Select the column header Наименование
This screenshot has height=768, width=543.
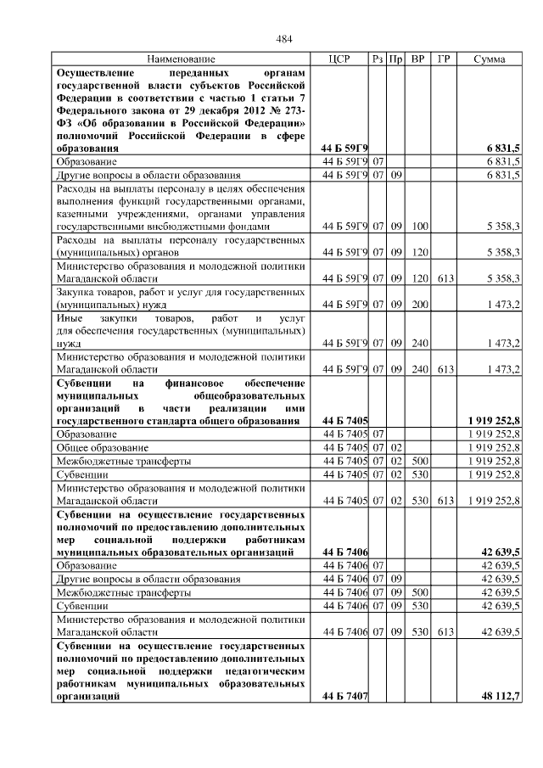coord(180,59)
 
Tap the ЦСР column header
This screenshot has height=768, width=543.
coord(339,59)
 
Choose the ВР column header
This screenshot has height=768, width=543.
coord(417,59)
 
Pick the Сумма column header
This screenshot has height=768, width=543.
coord(490,59)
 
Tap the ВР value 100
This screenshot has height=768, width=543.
coord(418,227)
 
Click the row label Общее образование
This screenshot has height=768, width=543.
coord(96,447)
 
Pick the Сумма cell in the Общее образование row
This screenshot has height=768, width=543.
coord(494,447)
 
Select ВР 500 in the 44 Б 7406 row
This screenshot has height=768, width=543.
coord(418,593)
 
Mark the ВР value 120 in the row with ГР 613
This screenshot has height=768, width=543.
coord(418,278)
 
